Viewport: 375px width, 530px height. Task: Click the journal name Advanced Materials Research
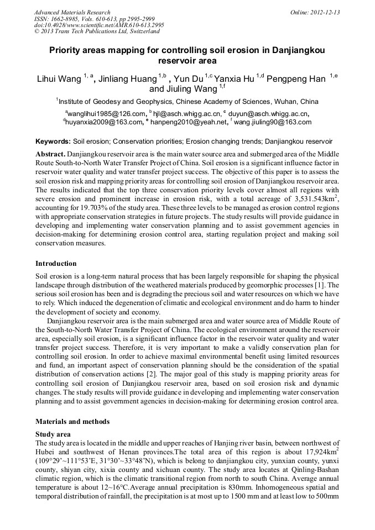[x=72, y=12]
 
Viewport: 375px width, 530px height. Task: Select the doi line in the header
[x=99, y=25]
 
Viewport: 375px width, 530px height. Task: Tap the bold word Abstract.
[x=51, y=154]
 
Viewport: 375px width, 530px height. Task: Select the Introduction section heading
[x=56, y=264]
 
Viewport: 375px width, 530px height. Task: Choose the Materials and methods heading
[x=72, y=422]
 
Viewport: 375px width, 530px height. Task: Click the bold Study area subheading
[x=53, y=434]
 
